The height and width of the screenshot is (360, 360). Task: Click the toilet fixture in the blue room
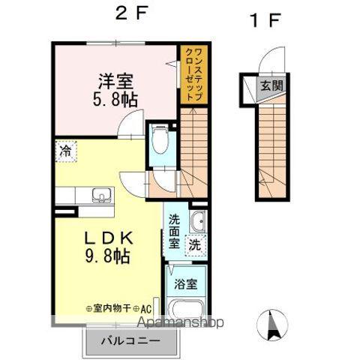(x=160, y=139)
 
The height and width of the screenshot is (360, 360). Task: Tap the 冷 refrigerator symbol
(x=66, y=151)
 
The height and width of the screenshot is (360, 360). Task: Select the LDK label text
(x=107, y=238)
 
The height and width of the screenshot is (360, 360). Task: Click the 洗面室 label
(x=174, y=231)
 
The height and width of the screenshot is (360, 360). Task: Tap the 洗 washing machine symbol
(x=195, y=244)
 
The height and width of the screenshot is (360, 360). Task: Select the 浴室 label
(x=185, y=284)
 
